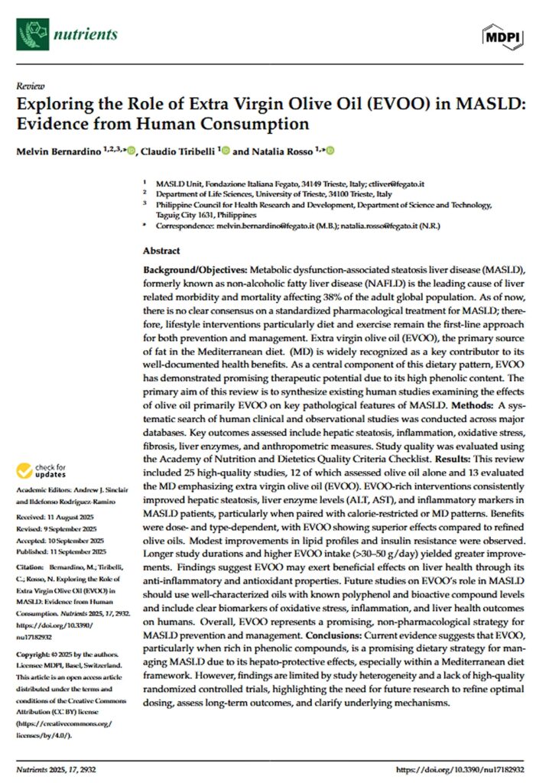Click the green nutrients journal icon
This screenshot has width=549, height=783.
point(34,34)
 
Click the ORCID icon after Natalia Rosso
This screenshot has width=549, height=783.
point(330,151)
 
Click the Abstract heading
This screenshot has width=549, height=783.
point(161,251)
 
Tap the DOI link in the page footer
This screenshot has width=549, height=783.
point(465,768)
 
